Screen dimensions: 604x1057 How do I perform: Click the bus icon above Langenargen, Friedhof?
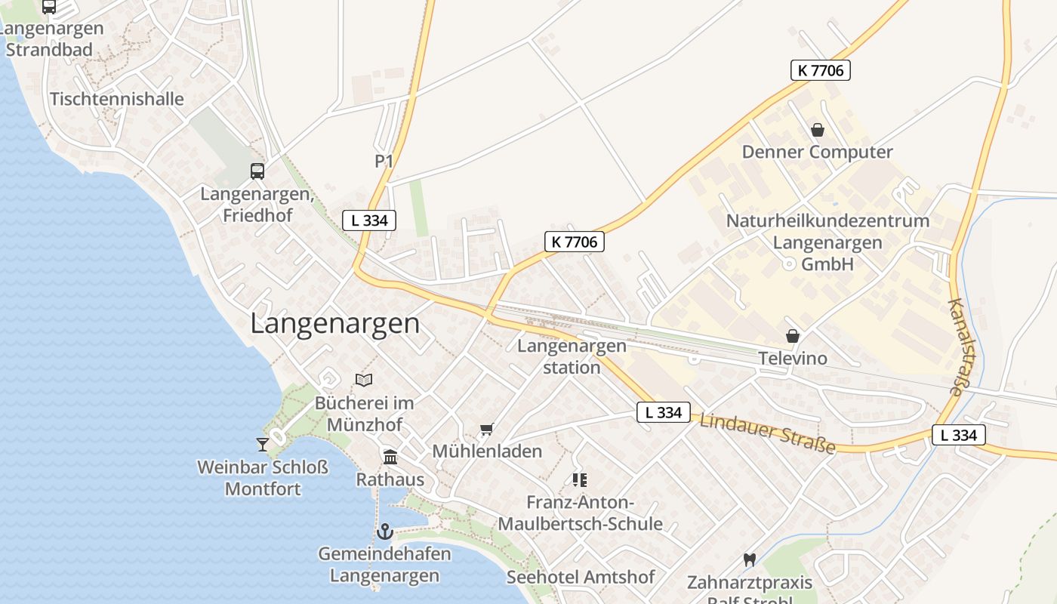[x=257, y=171]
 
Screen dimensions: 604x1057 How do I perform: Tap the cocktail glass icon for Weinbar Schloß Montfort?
[x=263, y=444]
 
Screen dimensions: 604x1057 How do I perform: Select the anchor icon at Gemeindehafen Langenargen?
[x=385, y=532]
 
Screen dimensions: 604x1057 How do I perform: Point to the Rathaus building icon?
[x=390, y=457]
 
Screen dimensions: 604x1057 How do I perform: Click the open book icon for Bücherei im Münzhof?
[x=364, y=380]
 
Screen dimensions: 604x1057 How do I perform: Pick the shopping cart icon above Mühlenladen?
[x=487, y=429]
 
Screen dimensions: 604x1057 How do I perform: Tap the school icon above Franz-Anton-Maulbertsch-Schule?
[x=580, y=479]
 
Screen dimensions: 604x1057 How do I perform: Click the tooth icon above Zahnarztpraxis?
[x=749, y=559]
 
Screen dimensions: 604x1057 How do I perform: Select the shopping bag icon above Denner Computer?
[x=817, y=130]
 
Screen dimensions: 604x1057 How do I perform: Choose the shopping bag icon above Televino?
[x=793, y=335]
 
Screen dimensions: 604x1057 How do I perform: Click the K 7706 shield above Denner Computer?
[x=821, y=70]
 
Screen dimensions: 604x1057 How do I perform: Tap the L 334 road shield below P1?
[x=369, y=220]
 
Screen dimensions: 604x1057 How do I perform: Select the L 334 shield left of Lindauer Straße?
[x=664, y=412]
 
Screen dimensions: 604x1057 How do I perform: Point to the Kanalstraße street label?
[x=956, y=347]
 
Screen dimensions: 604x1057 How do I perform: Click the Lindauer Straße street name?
[x=767, y=433]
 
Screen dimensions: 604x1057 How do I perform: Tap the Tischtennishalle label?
[x=117, y=99]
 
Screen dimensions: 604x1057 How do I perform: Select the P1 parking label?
[x=384, y=161]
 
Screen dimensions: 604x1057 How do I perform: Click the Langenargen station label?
[x=572, y=356]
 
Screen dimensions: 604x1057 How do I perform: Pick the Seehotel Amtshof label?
[x=581, y=578]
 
